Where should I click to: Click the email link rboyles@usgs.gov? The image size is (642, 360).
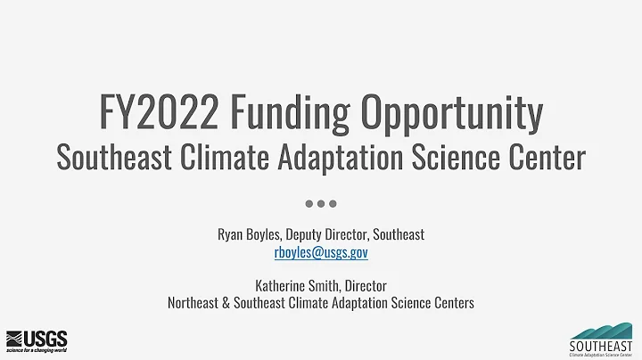click(x=321, y=252)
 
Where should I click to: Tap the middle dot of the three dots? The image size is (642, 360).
click(x=321, y=204)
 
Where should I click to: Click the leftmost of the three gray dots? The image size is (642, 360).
click(x=309, y=204)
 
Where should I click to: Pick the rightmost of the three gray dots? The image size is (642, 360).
click(x=333, y=204)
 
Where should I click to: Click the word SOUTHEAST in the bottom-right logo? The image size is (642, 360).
click(x=601, y=344)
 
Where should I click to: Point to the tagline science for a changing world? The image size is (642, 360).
click(x=37, y=350)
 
